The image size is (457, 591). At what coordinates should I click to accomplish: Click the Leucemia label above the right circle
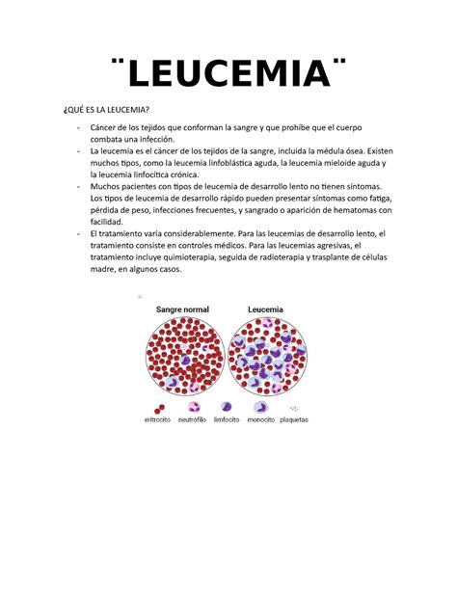266,310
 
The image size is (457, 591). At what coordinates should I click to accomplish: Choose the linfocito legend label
228,419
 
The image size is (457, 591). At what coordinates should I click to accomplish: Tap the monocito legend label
261,419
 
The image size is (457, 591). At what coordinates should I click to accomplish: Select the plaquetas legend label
295,419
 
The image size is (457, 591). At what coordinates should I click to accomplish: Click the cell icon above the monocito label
261,406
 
